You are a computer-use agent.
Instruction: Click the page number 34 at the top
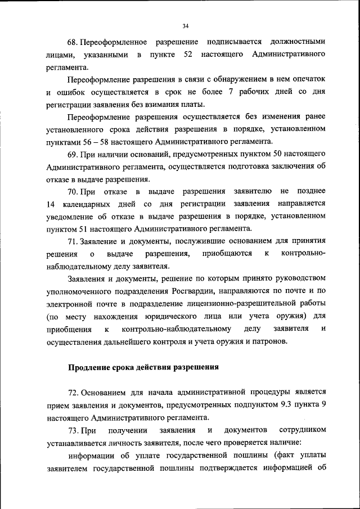[185, 26]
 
